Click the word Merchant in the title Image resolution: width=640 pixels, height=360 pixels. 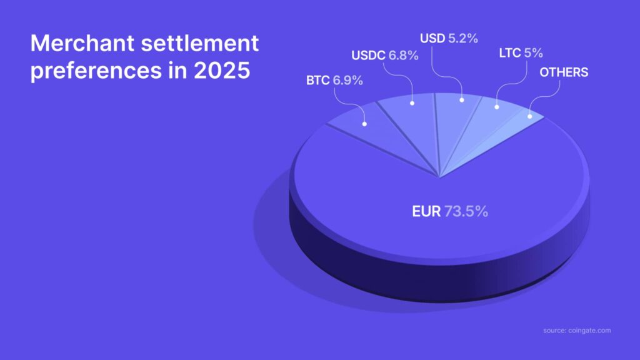tap(82, 43)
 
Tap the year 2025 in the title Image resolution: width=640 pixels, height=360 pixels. tap(222, 70)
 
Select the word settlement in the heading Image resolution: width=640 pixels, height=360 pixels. tap(199, 43)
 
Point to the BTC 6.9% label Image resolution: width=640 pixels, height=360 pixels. tap(334, 81)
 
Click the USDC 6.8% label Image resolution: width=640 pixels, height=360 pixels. tap(384, 56)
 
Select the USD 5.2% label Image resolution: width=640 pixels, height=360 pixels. tap(449, 38)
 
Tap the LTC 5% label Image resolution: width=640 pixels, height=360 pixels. tap(521, 53)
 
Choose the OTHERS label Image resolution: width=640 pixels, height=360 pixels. tap(564, 72)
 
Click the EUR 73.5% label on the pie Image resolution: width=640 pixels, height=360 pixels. tap(450, 211)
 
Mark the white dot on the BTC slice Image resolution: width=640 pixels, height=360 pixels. tap(364, 124)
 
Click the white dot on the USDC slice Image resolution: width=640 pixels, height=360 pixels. tap(412, 103)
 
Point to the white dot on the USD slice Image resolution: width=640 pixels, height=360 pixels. tap(462, 100)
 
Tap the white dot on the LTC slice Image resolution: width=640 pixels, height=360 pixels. tap(497, 107)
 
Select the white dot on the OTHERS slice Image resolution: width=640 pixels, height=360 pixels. tap(530, 116)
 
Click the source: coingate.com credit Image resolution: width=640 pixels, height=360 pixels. tap(577, 331)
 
